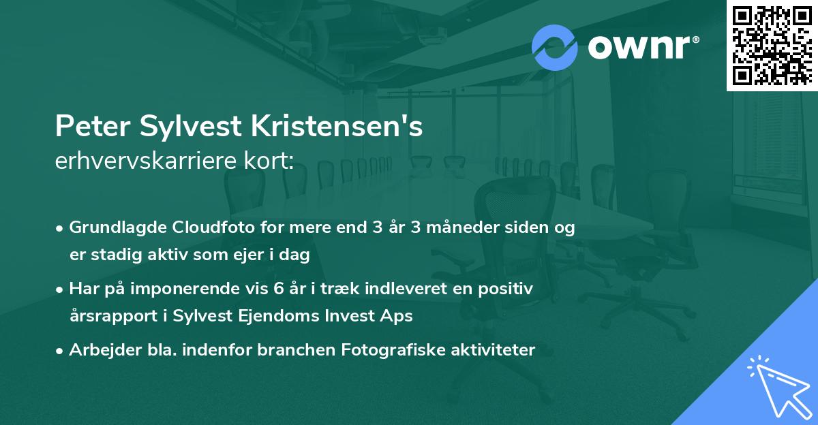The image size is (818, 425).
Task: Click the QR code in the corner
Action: [772, 45]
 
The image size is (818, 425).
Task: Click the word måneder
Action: [440, 228]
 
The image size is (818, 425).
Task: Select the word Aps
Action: [399, 316]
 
